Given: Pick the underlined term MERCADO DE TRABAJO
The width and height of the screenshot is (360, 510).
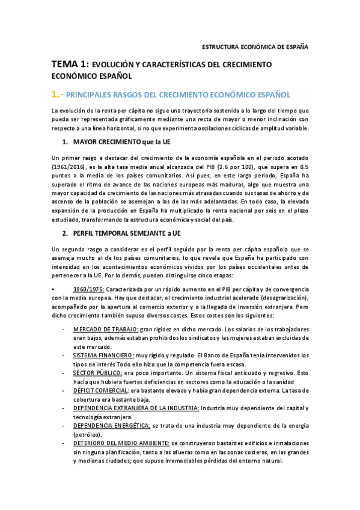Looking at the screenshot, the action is tap(105, 330).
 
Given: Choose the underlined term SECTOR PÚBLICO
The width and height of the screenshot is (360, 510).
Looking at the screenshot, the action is tap(98, 373).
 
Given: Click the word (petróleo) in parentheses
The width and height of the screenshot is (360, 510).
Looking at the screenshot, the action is tap(89, 435).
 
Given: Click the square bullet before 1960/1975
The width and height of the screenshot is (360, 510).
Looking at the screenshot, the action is tap(53, 289).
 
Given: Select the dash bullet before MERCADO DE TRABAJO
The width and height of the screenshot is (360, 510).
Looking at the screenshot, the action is tap(63, 330).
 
